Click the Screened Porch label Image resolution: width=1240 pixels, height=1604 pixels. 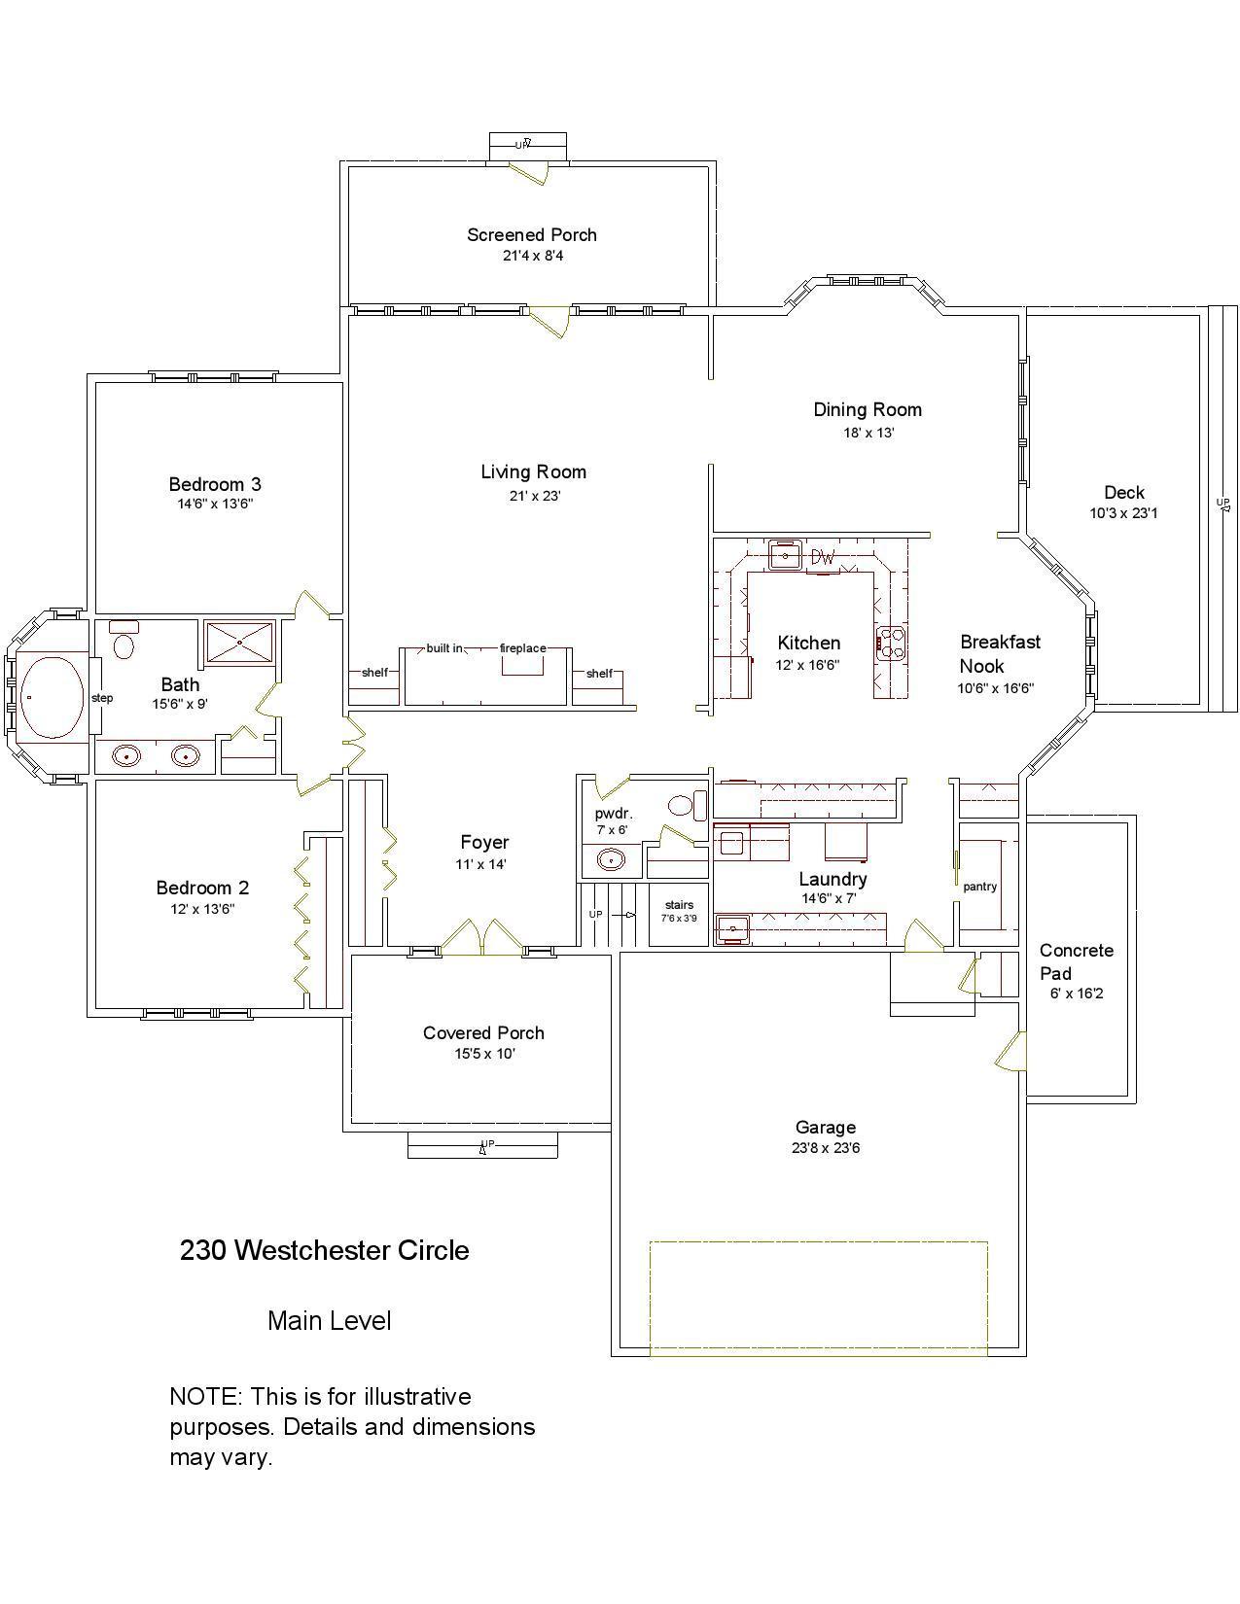(x=532, y=234)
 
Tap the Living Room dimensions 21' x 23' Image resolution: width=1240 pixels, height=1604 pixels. (x=535, y=496)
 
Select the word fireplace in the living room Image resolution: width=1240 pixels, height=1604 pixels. (x=523, y=648)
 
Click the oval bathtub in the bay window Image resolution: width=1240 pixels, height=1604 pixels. (x=52, y=697)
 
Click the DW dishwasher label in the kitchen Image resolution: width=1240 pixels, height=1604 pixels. (x=822, y=557)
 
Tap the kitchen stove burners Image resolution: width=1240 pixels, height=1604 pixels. (x=892, y=643)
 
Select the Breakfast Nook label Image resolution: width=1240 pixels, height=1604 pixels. (x=1000, y=653)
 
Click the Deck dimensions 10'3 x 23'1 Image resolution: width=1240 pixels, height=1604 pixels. (x=1123, y=513)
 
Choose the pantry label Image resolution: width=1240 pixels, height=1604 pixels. (x=979, y=887)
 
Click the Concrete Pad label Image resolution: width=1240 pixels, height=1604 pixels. (x=1076, y=961)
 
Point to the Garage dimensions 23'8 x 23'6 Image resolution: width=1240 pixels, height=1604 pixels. (x=826, y=1148)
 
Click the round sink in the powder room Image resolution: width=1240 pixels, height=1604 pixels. (x=611, y=859)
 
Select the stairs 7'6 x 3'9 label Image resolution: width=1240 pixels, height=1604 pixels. (x=679, y=911)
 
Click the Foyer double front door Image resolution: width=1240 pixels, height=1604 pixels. (x=482, y=937)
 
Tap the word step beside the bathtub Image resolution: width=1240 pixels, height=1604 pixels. (x=102, y=698)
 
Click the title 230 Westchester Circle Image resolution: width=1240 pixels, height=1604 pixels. (x=324, y=1250)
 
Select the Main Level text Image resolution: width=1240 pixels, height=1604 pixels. (x=330, y=1320)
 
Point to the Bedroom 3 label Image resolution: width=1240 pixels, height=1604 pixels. (x=215, y=484)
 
